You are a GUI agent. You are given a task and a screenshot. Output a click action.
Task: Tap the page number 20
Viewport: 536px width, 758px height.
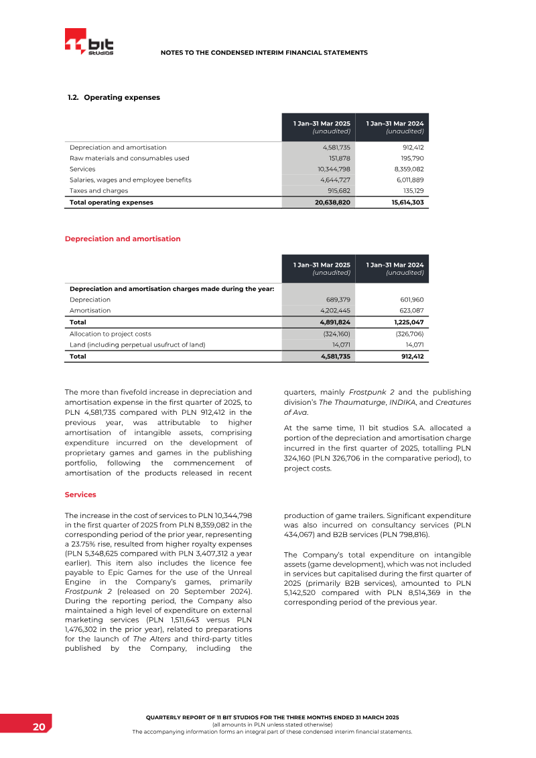[x=39, y=727]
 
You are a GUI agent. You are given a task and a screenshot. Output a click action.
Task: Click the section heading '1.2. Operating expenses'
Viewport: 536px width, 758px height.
[x=114, y=97]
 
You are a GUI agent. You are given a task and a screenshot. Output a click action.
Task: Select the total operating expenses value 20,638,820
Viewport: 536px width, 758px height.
[x=332, y=202]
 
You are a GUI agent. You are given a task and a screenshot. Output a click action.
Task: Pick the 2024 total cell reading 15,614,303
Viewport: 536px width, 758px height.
[x=407, y=202]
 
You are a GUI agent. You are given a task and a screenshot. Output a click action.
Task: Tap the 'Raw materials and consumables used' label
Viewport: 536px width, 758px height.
[x=129, y=158]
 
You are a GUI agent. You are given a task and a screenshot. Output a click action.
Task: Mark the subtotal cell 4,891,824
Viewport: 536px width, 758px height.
[x=334, y=322]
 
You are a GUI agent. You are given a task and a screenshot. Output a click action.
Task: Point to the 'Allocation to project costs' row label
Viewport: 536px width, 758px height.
[x=111, y=333]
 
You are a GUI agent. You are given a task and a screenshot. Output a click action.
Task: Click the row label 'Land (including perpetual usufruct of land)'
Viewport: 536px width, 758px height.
[x=137, y=344]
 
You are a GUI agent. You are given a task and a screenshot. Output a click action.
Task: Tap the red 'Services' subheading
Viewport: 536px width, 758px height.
[x=80, y=495]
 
